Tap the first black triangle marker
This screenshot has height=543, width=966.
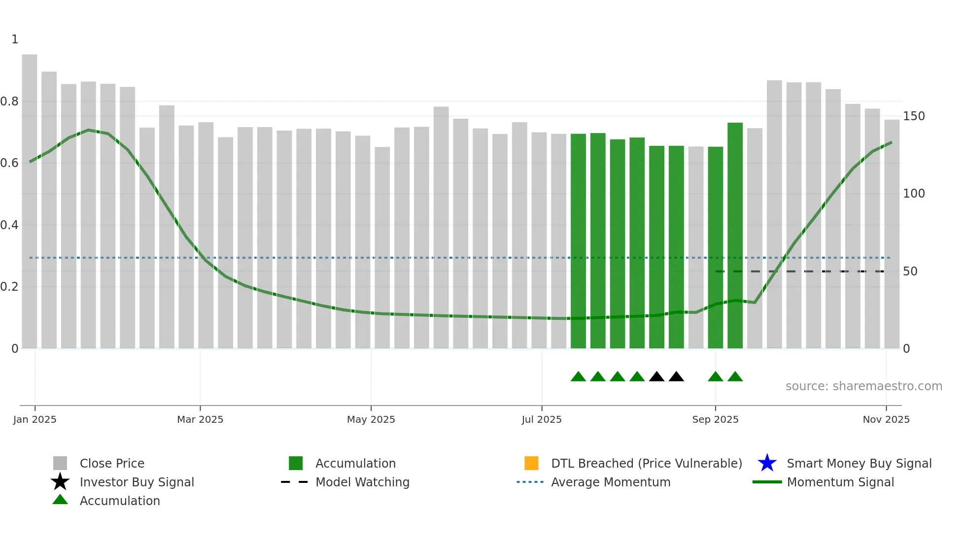click(x=656, y=377)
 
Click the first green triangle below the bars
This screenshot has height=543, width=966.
click(x=578, y=377)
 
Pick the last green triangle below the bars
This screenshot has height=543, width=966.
click(x=735, y=377)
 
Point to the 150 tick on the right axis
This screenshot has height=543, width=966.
click(x=913, y=116)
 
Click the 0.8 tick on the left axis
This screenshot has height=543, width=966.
click(x=10, y=102)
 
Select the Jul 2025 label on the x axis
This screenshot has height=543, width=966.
click(x=542, y=419)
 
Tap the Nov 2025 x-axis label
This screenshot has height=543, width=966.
click(x=886, y=419)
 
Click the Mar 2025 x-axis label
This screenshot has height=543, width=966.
click(x=200, y=419)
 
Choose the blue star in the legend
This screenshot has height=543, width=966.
click(x=767, y=463)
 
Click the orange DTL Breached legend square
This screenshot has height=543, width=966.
click(x=531, y=463)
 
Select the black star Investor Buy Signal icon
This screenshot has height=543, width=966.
click(x=60, y=482)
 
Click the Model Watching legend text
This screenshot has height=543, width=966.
click(x=362, y=482)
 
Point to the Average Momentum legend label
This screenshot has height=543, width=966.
click(x=611, y=482)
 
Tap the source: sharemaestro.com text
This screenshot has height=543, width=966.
click(x=863, y=386)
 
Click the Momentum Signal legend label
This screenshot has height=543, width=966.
click(x=840, y=482)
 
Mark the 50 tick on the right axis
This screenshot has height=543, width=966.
click(x=910, y=271)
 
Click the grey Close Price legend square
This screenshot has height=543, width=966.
click(x=60, y=463)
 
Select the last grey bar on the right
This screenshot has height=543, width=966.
click(x=892, y=234)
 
